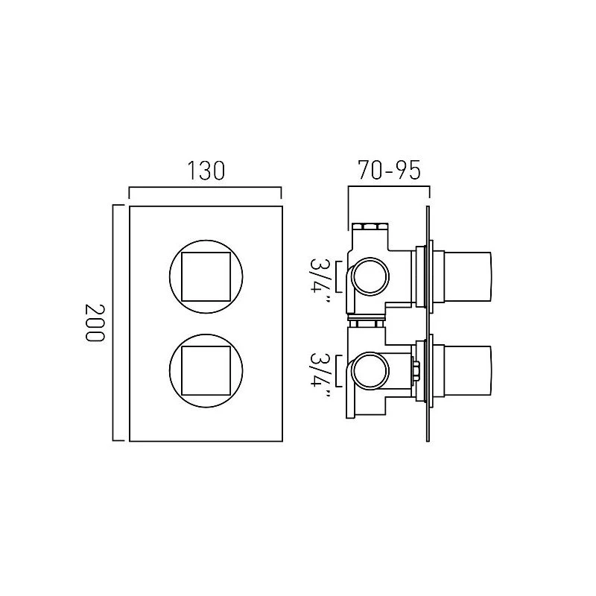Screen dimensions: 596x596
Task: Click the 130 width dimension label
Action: [x=206, y=171]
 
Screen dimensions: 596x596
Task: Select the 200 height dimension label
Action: [x=94, y=323]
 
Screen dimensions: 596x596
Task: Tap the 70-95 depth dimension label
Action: [x=389, y=171]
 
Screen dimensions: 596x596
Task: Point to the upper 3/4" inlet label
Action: [x=320, y=280]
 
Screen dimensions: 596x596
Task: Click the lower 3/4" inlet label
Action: [x=320, y=375]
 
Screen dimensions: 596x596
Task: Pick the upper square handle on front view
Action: [x=206, y=276]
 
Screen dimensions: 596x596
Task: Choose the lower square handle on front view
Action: [x=206, y=371]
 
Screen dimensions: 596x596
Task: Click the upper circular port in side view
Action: [x=370, y=276]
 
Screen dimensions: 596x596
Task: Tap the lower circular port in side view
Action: [x=370, y=370]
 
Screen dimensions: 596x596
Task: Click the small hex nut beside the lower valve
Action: [x=415, y=370]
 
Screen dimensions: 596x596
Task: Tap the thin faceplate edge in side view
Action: [x=428, y=324]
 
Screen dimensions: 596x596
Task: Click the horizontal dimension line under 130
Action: [x=205, y=187]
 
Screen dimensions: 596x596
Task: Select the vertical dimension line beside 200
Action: [x=113, y=323]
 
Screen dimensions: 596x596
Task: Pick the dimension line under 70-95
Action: [x=389, y=187]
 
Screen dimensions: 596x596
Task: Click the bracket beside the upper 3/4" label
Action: [x=339, y=276]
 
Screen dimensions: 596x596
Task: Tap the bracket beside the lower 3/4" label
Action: [x=339, y=370]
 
